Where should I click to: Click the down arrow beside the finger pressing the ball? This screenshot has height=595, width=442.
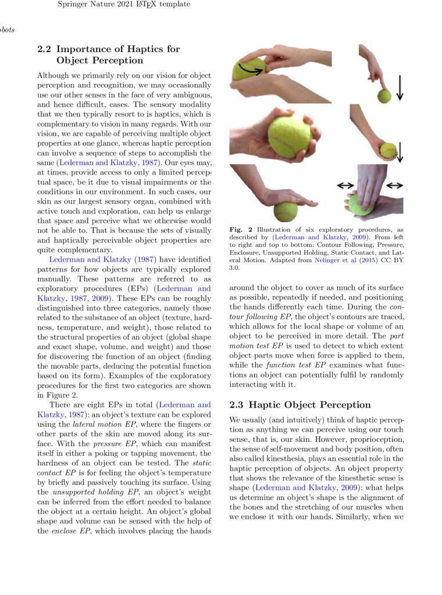click(400, 88)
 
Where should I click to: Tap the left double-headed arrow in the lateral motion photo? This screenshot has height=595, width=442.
click(345, 185)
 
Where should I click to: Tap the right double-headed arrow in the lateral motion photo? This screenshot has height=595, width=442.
click(395, 185)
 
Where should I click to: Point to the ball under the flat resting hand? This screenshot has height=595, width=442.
click(286, 211)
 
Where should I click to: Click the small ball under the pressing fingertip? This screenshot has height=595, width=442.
click(384, 96)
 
